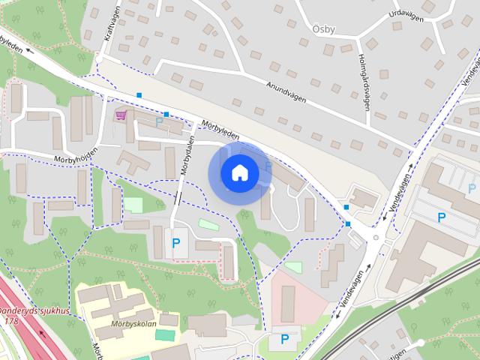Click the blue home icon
pyautogui.click(x=239, y=173)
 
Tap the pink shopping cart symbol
pyautogui.click(x=121, y=115)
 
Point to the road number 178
pyautogui.click(x=10, y=320)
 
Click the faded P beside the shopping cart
pyautogui.click(x=158, y=120)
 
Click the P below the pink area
pyautogui.click(x=284, y=339)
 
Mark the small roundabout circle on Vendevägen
pyautogui.click(x=375, y=238)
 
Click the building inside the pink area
pyautogui.click(x=288, y=303)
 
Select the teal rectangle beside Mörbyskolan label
pyautogui.click(x=169, y=320)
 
